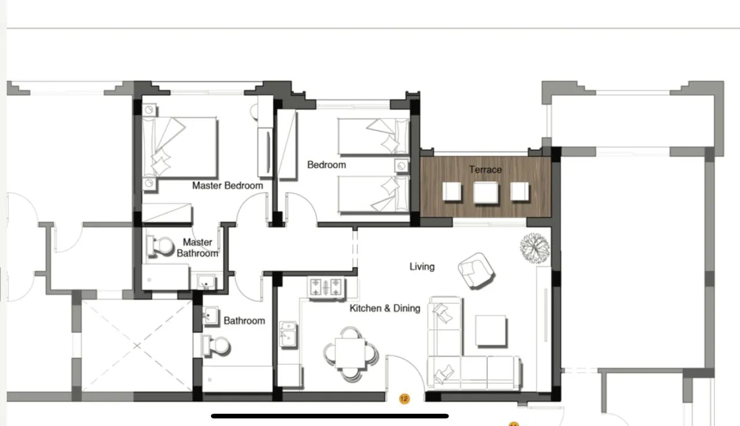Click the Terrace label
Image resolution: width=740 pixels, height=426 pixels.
point(485,170)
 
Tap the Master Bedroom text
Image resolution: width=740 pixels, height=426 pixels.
point(228,186)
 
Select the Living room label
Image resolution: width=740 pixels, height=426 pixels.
point(422,266)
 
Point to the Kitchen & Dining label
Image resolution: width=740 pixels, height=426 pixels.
point(385,308)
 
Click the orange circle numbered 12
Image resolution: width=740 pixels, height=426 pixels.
point(404,399)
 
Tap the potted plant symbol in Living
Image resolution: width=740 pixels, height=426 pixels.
point(535,248)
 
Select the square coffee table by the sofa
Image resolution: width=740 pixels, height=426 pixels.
point(491,331)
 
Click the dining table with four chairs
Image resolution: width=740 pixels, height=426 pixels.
point(351,354)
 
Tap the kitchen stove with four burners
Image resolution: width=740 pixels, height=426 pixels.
point(325,287)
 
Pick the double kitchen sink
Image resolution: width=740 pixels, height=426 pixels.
point(288,334)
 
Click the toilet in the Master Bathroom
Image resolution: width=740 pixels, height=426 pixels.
point(161,246)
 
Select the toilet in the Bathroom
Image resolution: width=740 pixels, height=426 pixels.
point(216,346)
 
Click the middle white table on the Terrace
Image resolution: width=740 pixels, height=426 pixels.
point(486,192)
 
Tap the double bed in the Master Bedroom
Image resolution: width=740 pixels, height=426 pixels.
point(180,147)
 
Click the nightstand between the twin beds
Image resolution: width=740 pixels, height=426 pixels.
point(402,166)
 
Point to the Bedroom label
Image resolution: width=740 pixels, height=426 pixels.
point(327,165)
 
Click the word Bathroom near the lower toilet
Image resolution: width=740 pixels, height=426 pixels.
point(244,321)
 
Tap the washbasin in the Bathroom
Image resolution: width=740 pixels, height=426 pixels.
point(210,316)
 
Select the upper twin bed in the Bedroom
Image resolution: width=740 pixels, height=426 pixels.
point(373,136)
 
